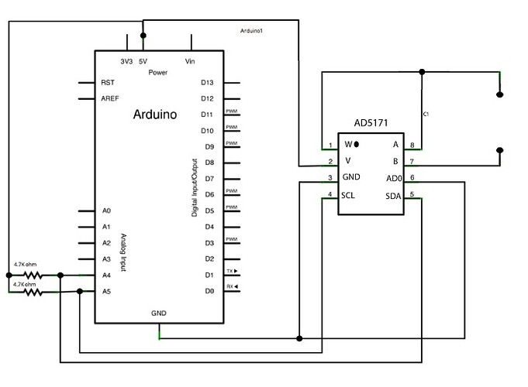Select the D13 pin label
click(207, 82)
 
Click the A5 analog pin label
click(106, 292)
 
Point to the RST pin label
click(108, 82)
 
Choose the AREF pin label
click(110, 98)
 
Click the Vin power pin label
click(190, 60)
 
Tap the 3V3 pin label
click(126, 60)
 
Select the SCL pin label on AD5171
click(348, 195)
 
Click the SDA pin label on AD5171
click(392, 195)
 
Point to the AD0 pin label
click(392, 178)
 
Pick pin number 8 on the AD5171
click(412, 145)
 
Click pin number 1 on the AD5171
click(330, 145)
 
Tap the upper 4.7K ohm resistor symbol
click(32, 275)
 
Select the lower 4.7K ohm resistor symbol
click(32, 292)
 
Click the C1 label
click(426, 114)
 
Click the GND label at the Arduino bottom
click(159, 313)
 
